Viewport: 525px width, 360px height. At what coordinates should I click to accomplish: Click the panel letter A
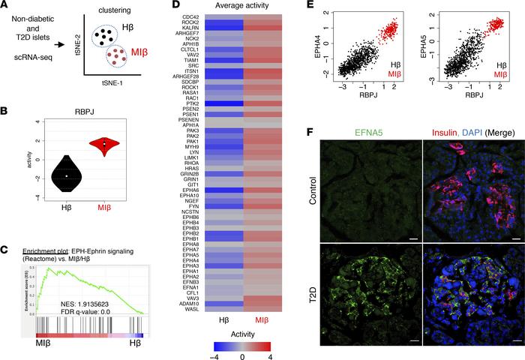click(x=5, y=6)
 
